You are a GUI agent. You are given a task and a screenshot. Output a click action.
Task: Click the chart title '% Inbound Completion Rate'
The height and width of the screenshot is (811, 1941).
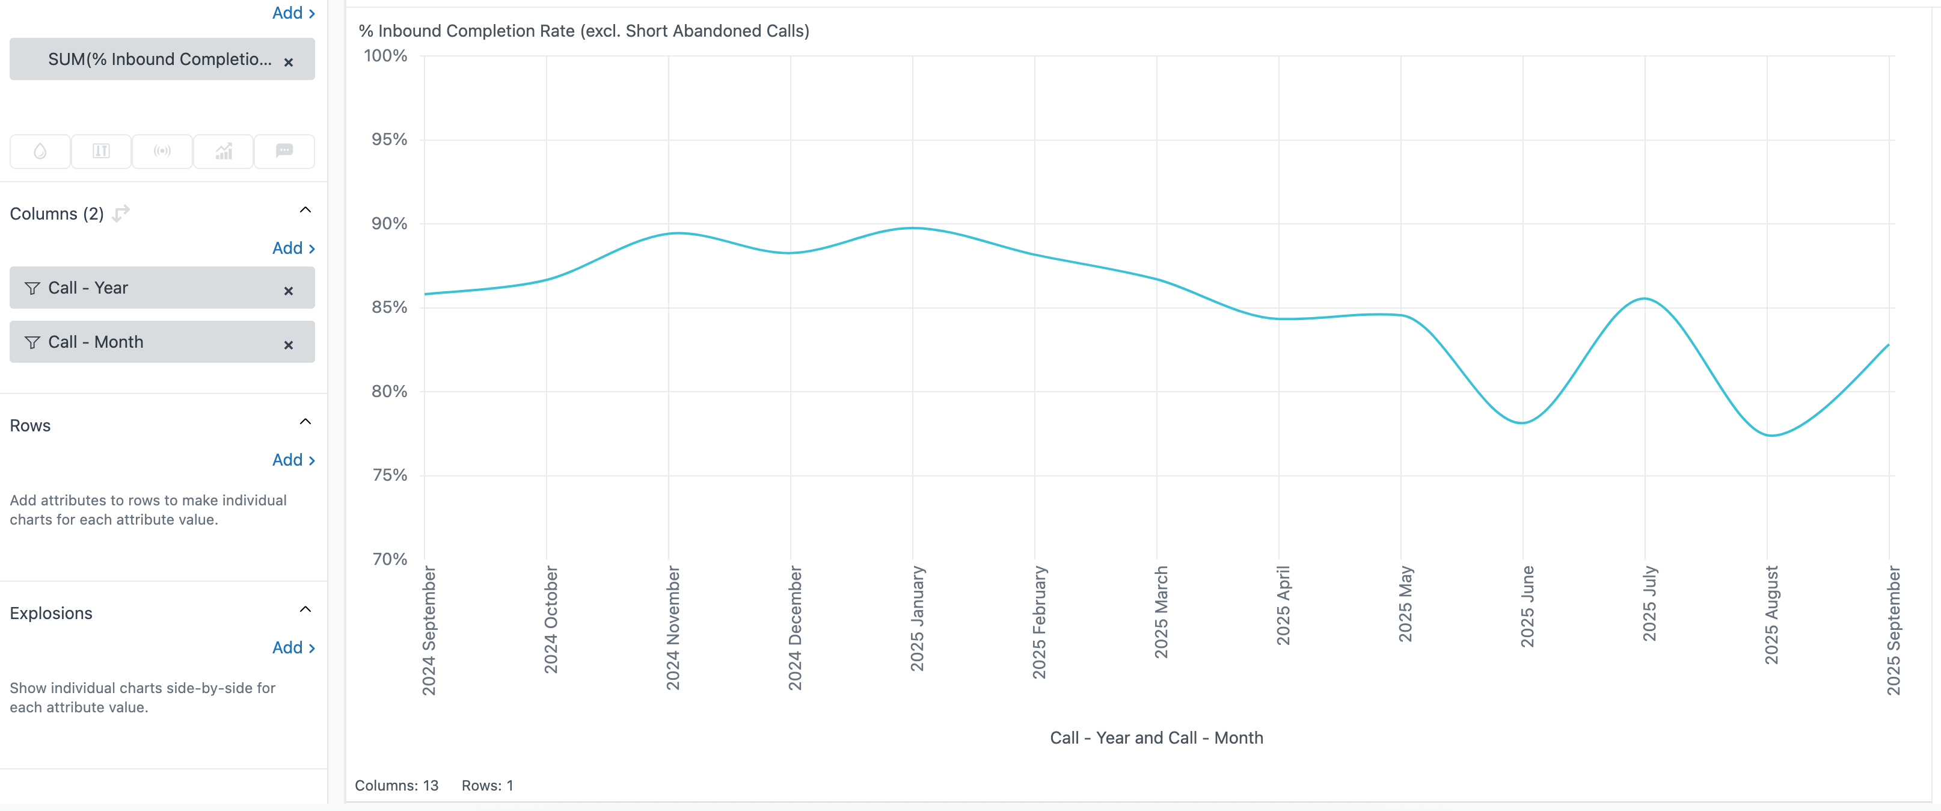583,31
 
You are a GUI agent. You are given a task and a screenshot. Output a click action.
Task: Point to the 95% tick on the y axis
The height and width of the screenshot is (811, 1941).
389,140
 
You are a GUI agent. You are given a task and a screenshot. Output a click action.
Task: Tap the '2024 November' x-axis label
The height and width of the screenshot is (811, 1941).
672,628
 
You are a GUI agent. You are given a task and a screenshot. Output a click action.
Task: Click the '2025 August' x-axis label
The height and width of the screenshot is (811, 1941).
1771,615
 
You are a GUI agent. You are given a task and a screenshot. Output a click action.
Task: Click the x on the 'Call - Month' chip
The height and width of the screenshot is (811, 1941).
289,345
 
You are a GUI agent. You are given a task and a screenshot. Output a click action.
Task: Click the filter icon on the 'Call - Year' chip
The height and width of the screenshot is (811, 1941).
32,289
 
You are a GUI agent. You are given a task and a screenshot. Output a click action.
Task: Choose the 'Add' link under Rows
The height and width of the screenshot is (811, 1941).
293,460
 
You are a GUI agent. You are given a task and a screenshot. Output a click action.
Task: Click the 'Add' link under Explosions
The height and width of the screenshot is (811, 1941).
293,647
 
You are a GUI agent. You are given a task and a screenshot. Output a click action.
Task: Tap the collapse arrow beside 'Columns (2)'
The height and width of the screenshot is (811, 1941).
305,211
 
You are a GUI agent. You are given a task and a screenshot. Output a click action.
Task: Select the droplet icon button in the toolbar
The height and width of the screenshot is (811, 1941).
40,152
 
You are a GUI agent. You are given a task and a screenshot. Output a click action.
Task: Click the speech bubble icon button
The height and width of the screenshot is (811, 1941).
284,152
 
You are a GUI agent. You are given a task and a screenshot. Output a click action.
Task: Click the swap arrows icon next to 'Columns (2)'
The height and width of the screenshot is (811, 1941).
120,214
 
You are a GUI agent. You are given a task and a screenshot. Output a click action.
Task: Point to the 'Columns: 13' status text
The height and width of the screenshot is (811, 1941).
396,785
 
